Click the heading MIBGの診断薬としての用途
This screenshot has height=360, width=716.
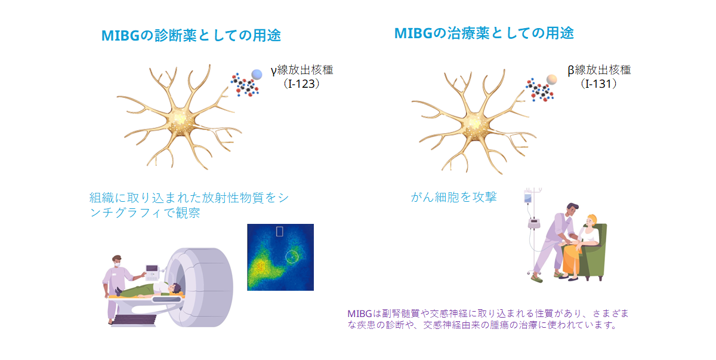pyautogui.click(x=191, y=35)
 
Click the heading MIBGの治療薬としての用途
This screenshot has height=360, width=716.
pyautogui.click(x=484, y=33)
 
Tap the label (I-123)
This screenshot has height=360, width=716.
pyautogui.click(x=301, y=84)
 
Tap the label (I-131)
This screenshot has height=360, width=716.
pyautogui.click(x=598, y=84)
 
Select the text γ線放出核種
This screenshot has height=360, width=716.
pyautogui.click(x=302, y=70)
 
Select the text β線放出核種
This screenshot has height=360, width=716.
pyautogui.click(x=599, y=70)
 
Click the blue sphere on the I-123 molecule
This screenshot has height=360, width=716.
pyautogui.click(x=257, y=75)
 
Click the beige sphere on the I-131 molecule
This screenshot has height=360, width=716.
pyautogui.click(x=552, y=79)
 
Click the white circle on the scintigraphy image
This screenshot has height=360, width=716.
pyautogui.click(x=292, y=257)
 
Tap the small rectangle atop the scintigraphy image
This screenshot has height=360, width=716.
pyautogui.click(x=280, y=232)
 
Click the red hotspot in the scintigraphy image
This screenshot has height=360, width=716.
pyautogui.click(x=261, y=266)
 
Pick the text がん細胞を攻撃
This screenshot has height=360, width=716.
pyautogui.click(x=453, y=197)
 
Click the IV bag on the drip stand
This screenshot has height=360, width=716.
pyautogui.click(x=527, y=197)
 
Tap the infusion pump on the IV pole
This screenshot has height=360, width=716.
pyautogui.click(x=533, y=223)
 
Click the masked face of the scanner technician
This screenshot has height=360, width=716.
pyautogui.click(x=118, y=263)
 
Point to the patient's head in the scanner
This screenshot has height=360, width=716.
pyautogui.click(x=175, y=288)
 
